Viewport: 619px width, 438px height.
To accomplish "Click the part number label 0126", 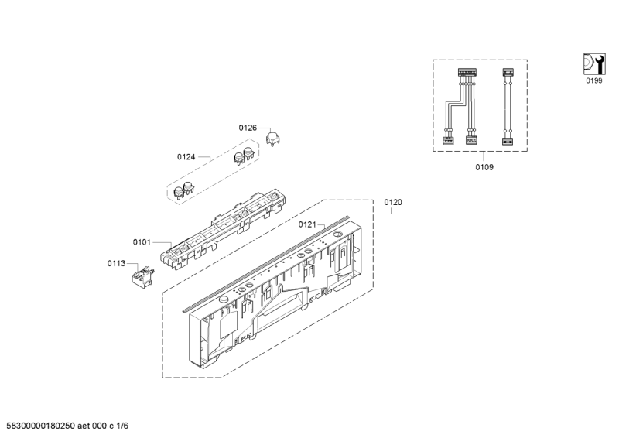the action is pyautogui.click(x=248, y=128).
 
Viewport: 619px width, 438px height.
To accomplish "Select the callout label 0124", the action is pyautogui.click(x=186, y=157).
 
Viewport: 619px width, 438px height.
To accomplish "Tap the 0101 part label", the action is pyautogui.click(x=142, y=242).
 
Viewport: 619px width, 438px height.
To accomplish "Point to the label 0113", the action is pyautogui.click(x=117, y=263).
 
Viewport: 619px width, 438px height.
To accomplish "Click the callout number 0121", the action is pyautogui.click(x=307, y=224).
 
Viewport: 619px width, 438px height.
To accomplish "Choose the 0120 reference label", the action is pyautogui.click(x=393, y=202).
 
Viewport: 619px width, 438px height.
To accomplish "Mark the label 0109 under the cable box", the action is pyautogui.click(x=484, y=167).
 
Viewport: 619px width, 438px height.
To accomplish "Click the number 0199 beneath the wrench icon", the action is pyautogui.click(x=594, y=80).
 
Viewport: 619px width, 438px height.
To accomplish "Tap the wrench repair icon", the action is pyautogui.click(x=594, y=64).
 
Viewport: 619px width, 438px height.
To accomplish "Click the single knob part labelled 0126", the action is pyautogui.click(x=273, y=139).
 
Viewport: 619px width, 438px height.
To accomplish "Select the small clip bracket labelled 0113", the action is pyautogui.click(x=142, y=275).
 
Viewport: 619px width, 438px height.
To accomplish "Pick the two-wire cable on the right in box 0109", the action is pyautogui.click(x=508, y=107).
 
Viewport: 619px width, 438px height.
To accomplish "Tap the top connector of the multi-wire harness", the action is pyautogui.click(x=467, y=73).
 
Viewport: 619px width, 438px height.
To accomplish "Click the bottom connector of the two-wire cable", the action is pyautogui.click(x=508, y=142).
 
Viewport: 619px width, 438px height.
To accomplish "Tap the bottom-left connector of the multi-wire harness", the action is pyautogui.click(x=448, y=141).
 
